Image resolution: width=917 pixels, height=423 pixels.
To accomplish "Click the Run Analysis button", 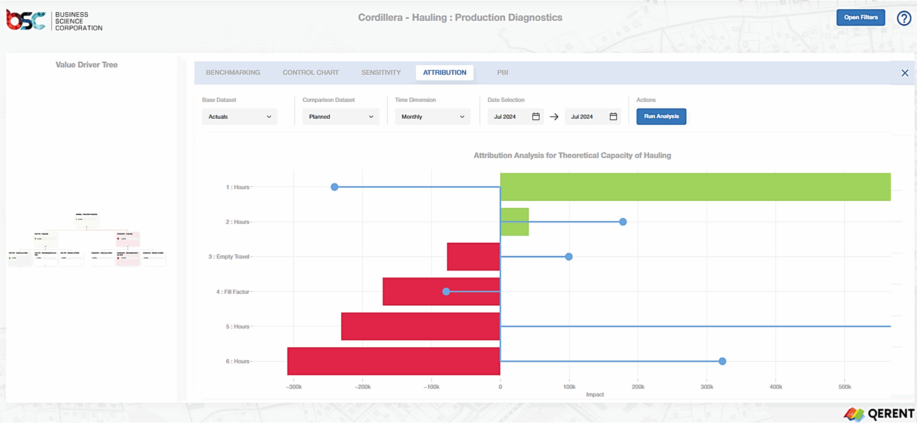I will pyautogui.click(x=661, y=116).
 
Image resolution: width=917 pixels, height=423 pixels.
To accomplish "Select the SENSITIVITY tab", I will pyautogui.click(x=381, y=72).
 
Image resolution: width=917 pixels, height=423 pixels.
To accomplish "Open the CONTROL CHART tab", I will pyautogui.click(x=311, y=72).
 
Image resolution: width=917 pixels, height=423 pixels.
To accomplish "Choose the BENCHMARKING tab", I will pyautogui.click(x=233, y=72).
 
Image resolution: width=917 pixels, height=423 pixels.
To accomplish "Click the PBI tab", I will pyautogui.click(x=502, y=72).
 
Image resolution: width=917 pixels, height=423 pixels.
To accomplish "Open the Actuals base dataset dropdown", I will pyautogui.click(x=239, y=117).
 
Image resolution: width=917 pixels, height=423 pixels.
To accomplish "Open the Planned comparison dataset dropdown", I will pyautogui.click(x=340, y=117).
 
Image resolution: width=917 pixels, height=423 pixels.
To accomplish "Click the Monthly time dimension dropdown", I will pyautogui.click(x=432, y=117).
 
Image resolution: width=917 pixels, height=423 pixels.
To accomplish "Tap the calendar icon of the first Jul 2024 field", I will pyautogui.click(x=536, y=116).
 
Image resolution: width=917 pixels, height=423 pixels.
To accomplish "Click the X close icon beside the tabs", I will pyautogui.click(x=904, y=73).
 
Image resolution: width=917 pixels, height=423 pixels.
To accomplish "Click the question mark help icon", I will pyautogui.click(x=904, y=18).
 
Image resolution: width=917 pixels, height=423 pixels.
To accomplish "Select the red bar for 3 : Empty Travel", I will pyautogui.click(x=473, y=256).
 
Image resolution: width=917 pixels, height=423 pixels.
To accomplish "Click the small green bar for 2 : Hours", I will pyautogui.click(x=514, y=215).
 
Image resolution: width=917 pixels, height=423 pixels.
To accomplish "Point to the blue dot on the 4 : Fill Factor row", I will pyautogui.click(x=446, y=292).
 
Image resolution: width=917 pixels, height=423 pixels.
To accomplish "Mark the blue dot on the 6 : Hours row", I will pyautogui.click(x=722, y=361).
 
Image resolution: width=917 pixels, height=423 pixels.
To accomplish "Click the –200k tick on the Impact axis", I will pyautogui.click(x=363, y=387).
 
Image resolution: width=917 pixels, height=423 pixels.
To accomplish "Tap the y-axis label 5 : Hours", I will pyautogui.click(x=237, y=326).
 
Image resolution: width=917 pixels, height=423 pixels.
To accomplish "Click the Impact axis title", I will pyautogui.click(x=595, y=394).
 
